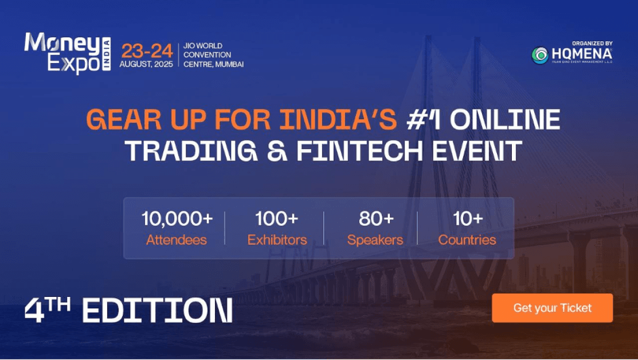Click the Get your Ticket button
[x=552, y=308]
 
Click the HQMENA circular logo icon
[x=539, y=55]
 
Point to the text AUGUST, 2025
[x=146, y=64]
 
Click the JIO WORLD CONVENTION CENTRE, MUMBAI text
[x=213, y=55]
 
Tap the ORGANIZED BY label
[x=592, y=43]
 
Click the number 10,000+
[x=177, y=219]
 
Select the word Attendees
[x=177, y=240]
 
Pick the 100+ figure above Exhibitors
[x=276, y=219]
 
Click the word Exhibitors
[x=277, y=240]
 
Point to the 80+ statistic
[x=376, y=219]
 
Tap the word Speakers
[x=375, y=240]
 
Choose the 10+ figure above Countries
[x=467, y=219]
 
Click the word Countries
[x=467, y=240]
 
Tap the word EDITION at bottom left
[x=157, y=311]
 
